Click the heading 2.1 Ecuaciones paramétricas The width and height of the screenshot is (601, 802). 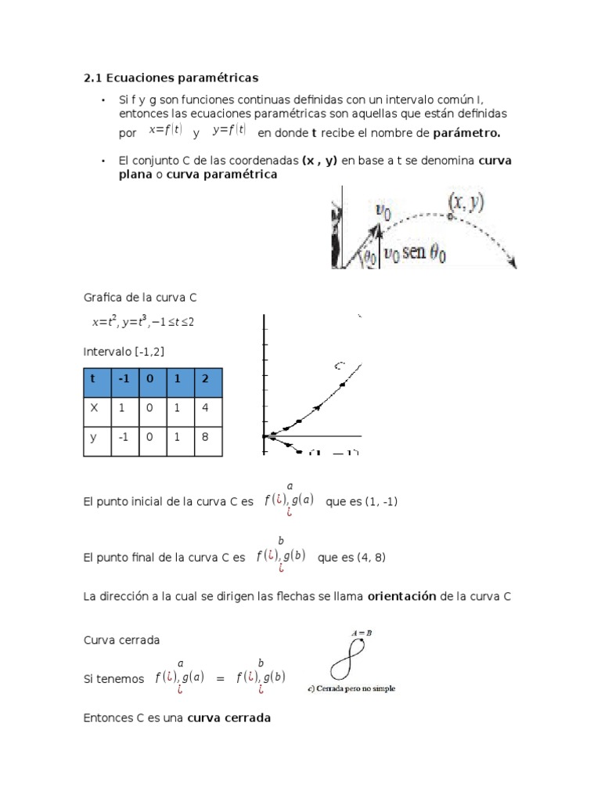(x=171, y=78)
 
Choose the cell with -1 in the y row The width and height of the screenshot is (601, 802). (x=124, y=439)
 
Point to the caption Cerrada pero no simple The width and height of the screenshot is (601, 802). (x=352, y=689)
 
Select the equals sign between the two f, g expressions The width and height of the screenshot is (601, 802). (x=220, y=678)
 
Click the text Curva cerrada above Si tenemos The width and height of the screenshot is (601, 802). (x=121, y=640)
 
